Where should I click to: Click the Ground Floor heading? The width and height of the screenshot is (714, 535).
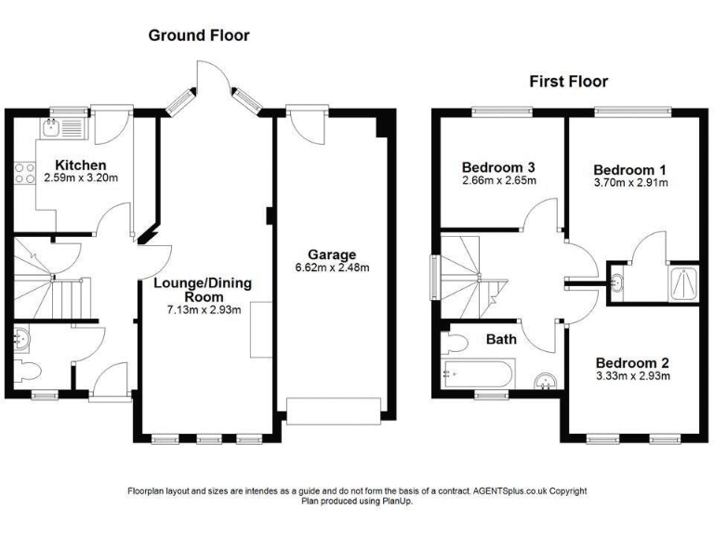[x=199, y=35]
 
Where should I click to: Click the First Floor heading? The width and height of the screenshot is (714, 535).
[x=569, y=82]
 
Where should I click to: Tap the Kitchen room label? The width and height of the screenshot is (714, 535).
[x=81, y=164]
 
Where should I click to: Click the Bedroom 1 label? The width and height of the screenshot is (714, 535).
[x=629, y=170]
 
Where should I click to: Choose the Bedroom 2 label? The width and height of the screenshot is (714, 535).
[x=632, y=362]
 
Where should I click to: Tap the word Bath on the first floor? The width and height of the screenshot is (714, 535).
[x=501, y=339]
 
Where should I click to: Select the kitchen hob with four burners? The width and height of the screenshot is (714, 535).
[x=24, y=173]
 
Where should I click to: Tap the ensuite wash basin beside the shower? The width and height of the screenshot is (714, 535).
[x=618, y=282]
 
